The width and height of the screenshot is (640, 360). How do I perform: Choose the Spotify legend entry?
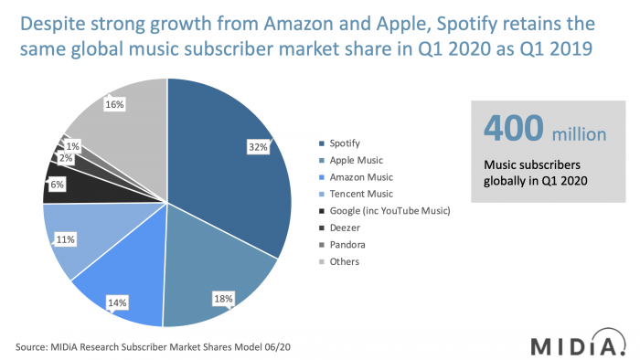(x=346, y=143)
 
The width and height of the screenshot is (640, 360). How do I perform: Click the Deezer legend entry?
(x=343, y=228)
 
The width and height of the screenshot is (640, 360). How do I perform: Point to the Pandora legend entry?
(x=346, y=245)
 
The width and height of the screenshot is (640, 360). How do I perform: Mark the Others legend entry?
(x=343, y=262)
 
